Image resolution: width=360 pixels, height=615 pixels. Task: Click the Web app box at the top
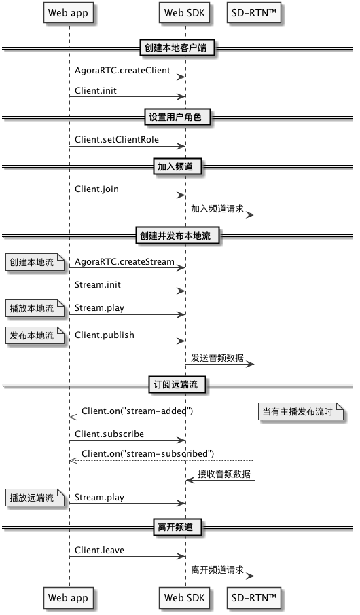tap(68, 13)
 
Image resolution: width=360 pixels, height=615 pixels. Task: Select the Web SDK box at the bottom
tap(185, 597)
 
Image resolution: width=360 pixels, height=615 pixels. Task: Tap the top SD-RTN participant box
tap(254, 13)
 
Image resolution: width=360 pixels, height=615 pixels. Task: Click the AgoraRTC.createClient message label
tap(122, 71)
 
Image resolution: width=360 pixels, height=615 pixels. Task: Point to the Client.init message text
tap(96, 90)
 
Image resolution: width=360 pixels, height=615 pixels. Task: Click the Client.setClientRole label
tap(117, 140)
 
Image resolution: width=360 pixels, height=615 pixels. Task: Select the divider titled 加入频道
tap(175, 167)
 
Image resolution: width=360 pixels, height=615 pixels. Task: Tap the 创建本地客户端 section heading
tap(175, 48)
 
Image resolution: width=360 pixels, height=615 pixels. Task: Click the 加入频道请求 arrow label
tap(217, 208)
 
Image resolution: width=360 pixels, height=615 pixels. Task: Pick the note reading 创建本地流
tap(35, 262)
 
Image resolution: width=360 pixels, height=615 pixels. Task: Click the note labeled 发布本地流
tap(35, 335)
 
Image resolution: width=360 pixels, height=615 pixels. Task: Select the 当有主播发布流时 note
tap(300, 411)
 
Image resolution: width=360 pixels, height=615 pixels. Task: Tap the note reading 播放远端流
tap(35, 498)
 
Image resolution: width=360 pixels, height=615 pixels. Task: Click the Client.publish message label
tap(105, 335)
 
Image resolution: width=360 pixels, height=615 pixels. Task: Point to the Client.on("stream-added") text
tap(137, 411)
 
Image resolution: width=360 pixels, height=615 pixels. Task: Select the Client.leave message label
tap(99, 551)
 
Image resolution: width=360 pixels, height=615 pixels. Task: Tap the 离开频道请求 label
tap(217, 570)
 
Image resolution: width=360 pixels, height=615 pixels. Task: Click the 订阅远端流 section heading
tap(175, 385)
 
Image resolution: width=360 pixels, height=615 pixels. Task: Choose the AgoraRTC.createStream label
tap(124, 261)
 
